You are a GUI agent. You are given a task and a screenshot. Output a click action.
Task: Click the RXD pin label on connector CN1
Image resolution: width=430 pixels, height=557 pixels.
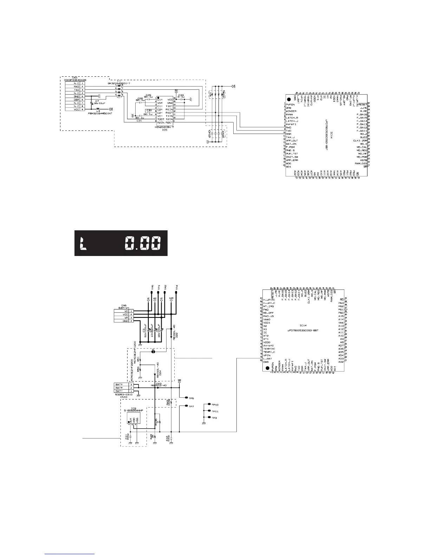pos(76,87)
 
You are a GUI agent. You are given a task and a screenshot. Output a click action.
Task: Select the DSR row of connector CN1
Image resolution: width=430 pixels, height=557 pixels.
pos(76,100)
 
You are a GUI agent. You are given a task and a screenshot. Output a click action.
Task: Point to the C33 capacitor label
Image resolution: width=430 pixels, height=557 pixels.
pos(181,95)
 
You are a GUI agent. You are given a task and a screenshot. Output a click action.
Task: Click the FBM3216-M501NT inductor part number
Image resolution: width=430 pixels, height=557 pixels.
pos(100,113)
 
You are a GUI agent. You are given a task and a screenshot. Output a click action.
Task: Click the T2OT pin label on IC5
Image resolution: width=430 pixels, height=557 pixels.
pos(161,119)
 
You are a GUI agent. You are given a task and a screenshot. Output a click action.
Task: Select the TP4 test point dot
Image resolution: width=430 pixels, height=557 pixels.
pos(176,292)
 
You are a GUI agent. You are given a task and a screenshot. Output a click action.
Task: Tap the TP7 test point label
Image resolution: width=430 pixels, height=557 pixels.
pos(191,406)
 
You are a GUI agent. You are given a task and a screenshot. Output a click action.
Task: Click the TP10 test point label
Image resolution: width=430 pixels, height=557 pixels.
pos(215,405)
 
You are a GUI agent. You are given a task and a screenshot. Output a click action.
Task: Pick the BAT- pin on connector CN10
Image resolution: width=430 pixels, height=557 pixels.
pos(119,391)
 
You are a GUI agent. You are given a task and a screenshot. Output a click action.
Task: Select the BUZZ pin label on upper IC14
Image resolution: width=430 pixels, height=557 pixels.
pos(364,137)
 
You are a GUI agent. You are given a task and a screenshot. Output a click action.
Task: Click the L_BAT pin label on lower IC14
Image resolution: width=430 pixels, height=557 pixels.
pos(268,359)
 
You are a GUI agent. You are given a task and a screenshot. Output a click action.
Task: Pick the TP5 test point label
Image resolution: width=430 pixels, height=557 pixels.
pos(191,398)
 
